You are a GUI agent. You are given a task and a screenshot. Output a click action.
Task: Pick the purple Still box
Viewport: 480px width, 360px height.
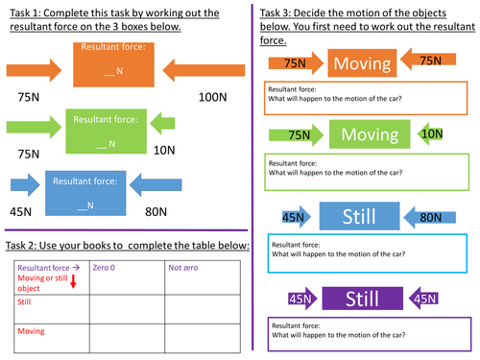pos(357,301)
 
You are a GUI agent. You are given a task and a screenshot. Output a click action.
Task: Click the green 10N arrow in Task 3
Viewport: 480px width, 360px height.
pos(429,133)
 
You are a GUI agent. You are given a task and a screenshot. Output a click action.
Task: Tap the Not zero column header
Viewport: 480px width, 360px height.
pos(182,267)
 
